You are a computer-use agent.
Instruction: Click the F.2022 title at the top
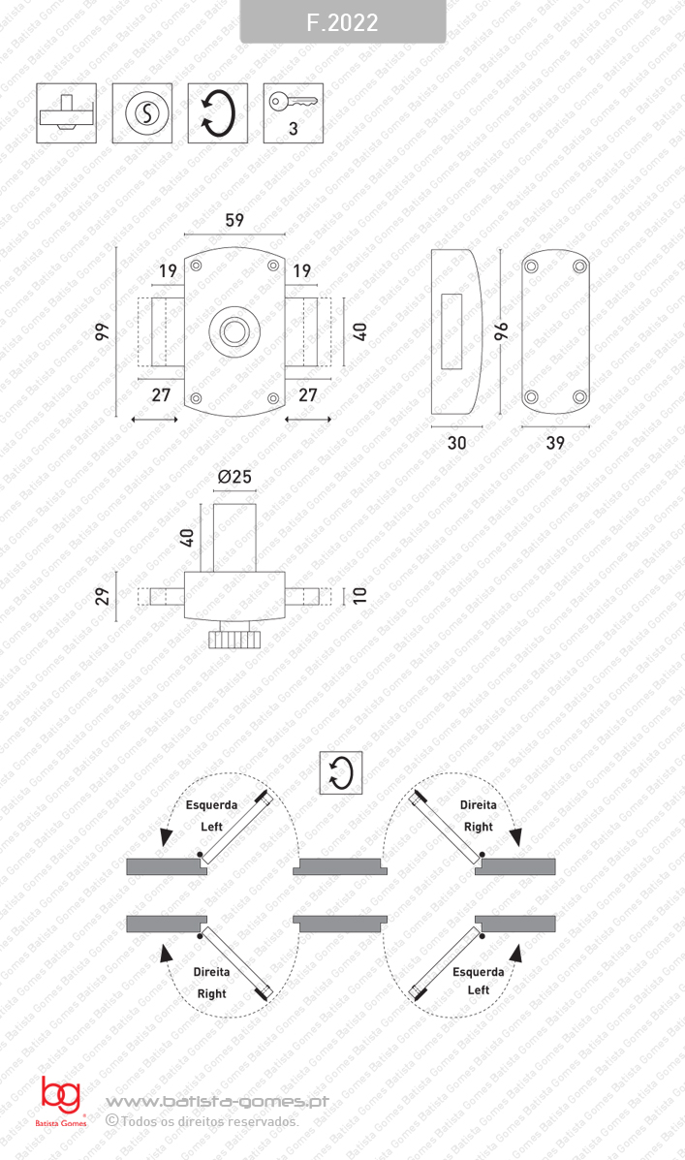[342, 22]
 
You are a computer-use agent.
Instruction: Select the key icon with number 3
[293, 113]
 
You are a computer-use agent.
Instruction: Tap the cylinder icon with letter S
[142, 113]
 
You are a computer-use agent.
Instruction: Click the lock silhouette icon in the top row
[66, 113]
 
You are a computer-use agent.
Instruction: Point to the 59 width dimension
[234, 220]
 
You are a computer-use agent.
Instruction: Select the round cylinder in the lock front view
[234, 329]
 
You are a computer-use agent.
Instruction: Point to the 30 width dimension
[457, 443]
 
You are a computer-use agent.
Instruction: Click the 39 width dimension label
[555, 443]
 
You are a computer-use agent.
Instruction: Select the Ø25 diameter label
[234, 477]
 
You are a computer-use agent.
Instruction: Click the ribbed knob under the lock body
[234, 639]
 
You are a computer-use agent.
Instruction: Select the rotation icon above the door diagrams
[341, 773]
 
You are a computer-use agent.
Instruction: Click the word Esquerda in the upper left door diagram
[211, 804]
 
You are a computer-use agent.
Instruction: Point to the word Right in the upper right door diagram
[478, 827]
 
